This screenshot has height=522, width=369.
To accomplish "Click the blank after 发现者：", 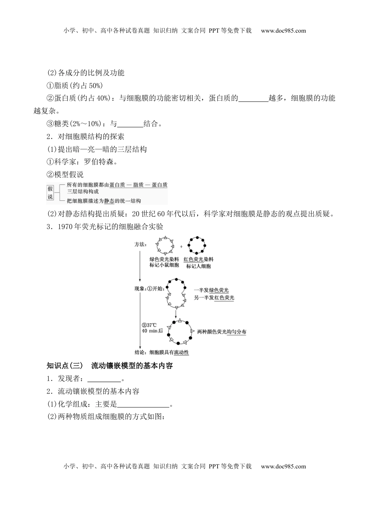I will [104, 379].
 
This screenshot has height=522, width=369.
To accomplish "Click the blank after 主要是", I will [143, 404].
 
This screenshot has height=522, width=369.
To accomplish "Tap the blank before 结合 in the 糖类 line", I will [130, 124].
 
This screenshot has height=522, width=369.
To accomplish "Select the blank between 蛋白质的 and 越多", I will [253, 98].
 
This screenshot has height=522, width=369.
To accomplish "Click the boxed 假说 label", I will [50, 192].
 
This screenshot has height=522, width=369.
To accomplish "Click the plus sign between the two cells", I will [181, 246].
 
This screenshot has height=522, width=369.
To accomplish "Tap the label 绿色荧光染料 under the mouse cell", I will [164, 259].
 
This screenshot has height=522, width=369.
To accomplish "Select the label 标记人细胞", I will [198, 266].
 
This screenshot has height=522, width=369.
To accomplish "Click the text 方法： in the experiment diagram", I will [140, 244].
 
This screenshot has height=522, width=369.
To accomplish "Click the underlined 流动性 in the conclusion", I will [181, 352].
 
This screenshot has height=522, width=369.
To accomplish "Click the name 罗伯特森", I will [99, 162].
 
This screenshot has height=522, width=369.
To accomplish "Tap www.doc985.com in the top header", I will [283, 31].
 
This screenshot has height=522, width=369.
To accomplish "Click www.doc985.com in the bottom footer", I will [283, 466].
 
